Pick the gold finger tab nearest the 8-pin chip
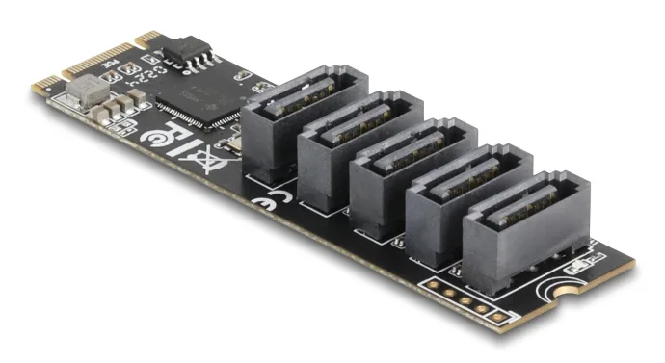point(150,39)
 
